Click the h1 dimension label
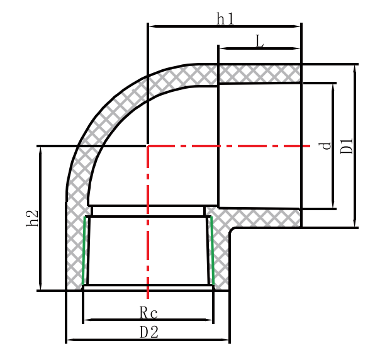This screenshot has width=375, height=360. tap(225, 20)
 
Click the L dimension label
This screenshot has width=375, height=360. tap(260, 42)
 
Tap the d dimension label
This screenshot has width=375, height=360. tap(325, 145)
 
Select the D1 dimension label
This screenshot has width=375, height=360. tap(347, 145)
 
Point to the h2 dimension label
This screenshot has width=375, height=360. tap(33, 218)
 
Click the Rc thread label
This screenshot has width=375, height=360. tap(148, 313)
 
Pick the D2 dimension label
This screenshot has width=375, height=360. tap(149, 332)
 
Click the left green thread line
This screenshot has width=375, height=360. tap(84, 250)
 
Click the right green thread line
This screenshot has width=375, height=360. tap(212, 250)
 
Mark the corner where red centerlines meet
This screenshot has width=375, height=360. tap(148, 146)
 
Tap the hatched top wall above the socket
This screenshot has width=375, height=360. tap(259, 73)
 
